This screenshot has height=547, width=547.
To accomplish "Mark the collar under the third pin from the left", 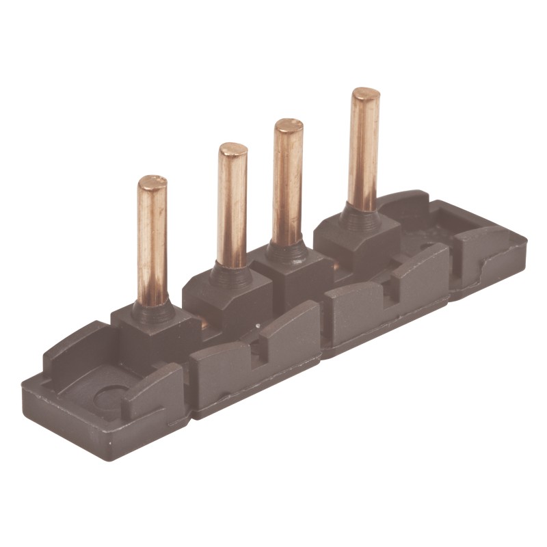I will pyautogui.click(x=286, y=252).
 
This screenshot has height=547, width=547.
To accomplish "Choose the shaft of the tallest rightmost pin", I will pyautogui.click(x=364, y=150).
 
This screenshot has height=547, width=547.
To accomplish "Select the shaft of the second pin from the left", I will pyautogui.click(x=232, y=205).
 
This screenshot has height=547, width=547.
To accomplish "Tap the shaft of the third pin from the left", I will pyautogui.click(x=288, y=185).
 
